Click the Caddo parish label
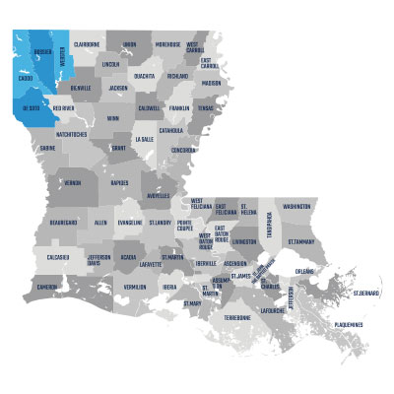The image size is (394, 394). (x=26, y=78)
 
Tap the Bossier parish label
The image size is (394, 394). (x=42, y=51)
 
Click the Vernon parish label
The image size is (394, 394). (x=73, y=183)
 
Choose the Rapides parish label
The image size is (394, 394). (x=121, y=182)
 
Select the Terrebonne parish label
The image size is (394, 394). (x=237, y=317)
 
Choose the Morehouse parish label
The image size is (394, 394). (x=167, y=44)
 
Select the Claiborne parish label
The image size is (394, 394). (x=87, y=44)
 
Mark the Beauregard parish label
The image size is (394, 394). (x=63, y=224)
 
